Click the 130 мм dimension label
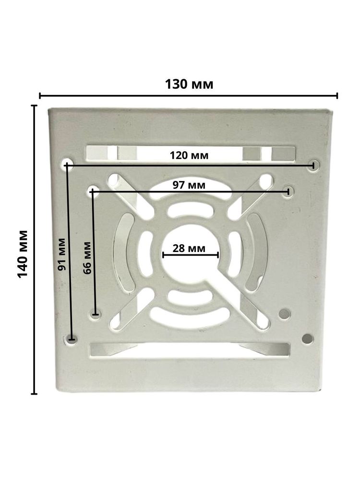coord(189,84)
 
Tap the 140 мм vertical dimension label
coord(23,254)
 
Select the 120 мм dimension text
coord(189,156)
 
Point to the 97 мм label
coord(189,185)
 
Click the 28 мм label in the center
coord(189,248)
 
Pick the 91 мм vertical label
coord(61,254)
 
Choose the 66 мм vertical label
coord(87,258)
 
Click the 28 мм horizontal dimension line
coord(191,255)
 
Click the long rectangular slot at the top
coord(191,154)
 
